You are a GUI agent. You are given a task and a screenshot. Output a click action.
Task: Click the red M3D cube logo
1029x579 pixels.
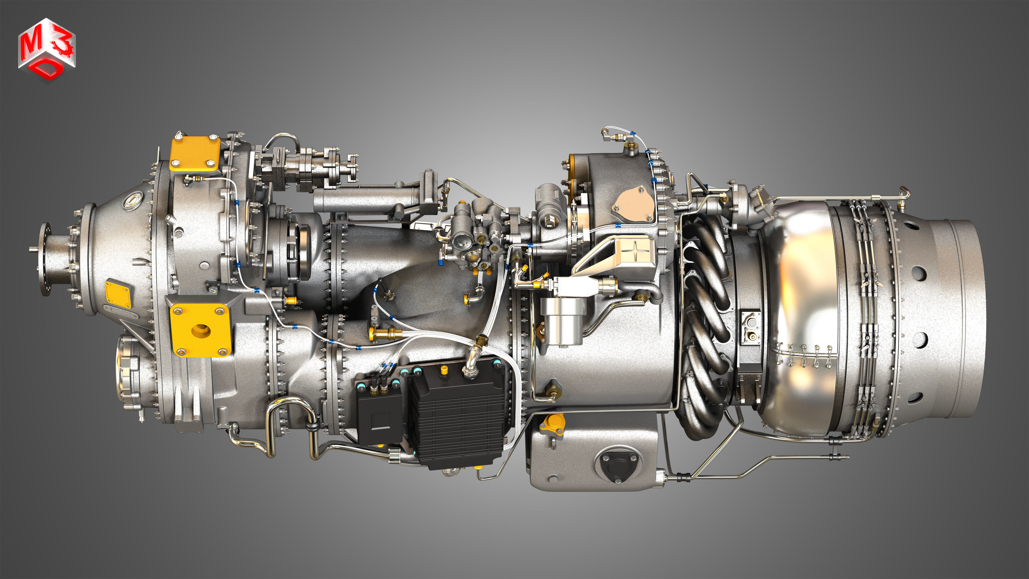click(46, 50)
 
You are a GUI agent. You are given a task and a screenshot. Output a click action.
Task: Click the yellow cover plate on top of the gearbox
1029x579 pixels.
click(195, 154)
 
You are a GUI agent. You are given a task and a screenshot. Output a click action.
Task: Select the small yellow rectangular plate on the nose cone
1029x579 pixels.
click(118, 294)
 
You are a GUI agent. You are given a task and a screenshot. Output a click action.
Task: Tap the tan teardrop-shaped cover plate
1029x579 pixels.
click(634, 206)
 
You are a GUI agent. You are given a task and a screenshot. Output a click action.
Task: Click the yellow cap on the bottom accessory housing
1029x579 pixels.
click(552, 422)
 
